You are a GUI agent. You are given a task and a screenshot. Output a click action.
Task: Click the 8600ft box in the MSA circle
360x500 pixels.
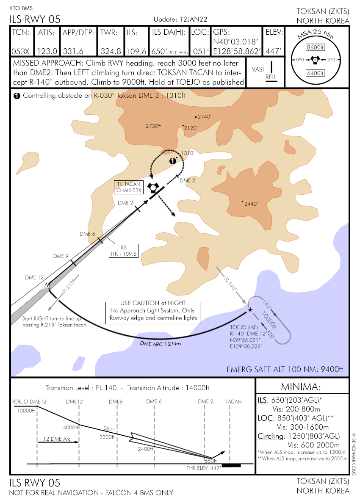pos(315,47)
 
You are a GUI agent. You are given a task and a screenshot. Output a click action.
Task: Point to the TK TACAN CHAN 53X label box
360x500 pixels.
pos(129,187)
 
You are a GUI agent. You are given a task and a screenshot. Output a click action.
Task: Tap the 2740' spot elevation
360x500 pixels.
pos(204,116)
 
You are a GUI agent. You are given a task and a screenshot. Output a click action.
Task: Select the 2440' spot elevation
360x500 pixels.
pos(251,204)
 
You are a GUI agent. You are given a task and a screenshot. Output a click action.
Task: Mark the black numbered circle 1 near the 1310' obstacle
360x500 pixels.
pos(172,161)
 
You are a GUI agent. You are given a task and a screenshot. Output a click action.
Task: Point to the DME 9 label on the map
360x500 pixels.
pos(61,256)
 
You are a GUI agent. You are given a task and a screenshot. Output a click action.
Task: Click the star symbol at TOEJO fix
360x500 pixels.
pos(250,310)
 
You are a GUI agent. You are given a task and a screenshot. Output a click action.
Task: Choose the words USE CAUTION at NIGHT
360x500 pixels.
pos(153,303)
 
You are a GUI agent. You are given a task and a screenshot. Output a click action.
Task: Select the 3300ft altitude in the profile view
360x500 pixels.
pos(107,437)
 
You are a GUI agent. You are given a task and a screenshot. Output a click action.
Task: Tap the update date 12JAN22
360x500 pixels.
pos(194,20)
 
